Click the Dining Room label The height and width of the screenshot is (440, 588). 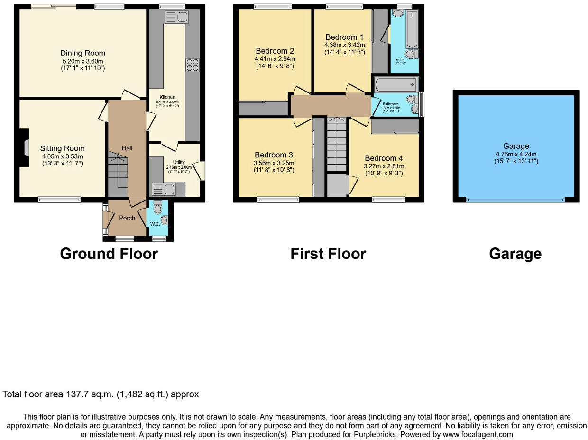tap(83, 53)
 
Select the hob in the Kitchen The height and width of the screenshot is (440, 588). tap(193, 64)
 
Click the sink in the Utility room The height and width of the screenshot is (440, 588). tap(163, 190)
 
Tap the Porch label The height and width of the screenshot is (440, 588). tap(127, 218)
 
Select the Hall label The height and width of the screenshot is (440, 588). tap(127, 148)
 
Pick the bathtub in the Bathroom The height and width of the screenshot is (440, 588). tap(395, 85)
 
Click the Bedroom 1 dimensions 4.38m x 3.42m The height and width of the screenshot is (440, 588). tap(344, 45)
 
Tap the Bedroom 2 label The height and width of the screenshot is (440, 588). tap(275, 51)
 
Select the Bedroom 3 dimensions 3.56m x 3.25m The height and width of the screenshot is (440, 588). tap(274, 163)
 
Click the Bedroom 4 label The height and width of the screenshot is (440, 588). tap(384, 158)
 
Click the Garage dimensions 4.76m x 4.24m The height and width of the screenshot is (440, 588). tap(516, 154)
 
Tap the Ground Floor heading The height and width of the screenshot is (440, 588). tap(109, 254)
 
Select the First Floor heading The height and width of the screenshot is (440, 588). tap(328, 254)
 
